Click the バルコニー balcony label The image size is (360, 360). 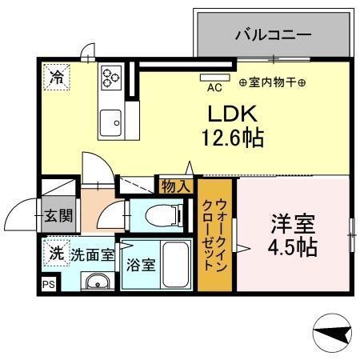(x=273, y=35)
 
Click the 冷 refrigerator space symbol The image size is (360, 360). (x=57, y=77)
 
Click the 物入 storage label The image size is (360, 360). (x=175, y=187)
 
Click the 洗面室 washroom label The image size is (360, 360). (x=93, y=255)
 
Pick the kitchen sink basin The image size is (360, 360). (x=110, y=124)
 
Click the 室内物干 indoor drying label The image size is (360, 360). (x=272, y=82)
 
